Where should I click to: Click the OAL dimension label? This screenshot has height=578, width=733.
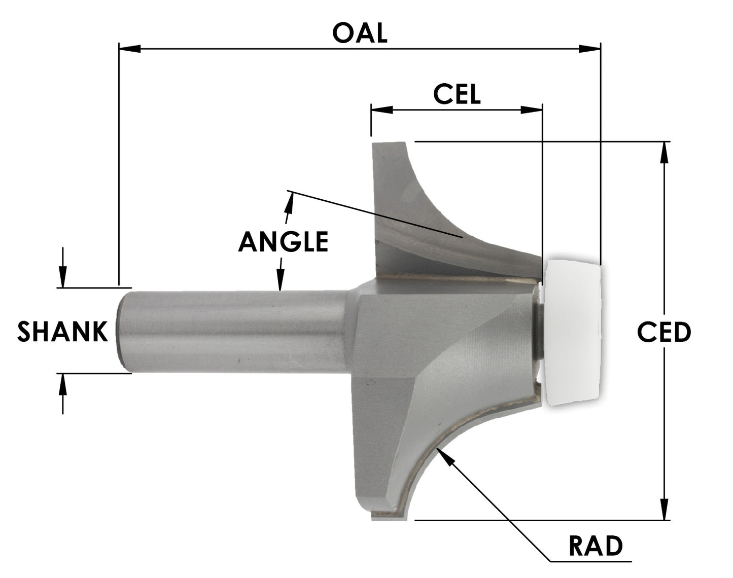(360, 33)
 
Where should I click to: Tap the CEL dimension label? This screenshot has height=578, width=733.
(457, 94)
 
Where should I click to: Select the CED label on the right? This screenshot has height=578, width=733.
(664, 333)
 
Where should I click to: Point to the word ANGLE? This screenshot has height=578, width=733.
(283, 242)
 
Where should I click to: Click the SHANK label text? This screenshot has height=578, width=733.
(63, 332)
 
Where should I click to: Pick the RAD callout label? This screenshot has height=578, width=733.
(595, 546)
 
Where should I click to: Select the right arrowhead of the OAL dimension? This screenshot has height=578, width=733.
(590, 48)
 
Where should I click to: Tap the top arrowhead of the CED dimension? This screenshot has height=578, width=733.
(664, 152)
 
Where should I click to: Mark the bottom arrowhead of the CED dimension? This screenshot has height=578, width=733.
(664, 509)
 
